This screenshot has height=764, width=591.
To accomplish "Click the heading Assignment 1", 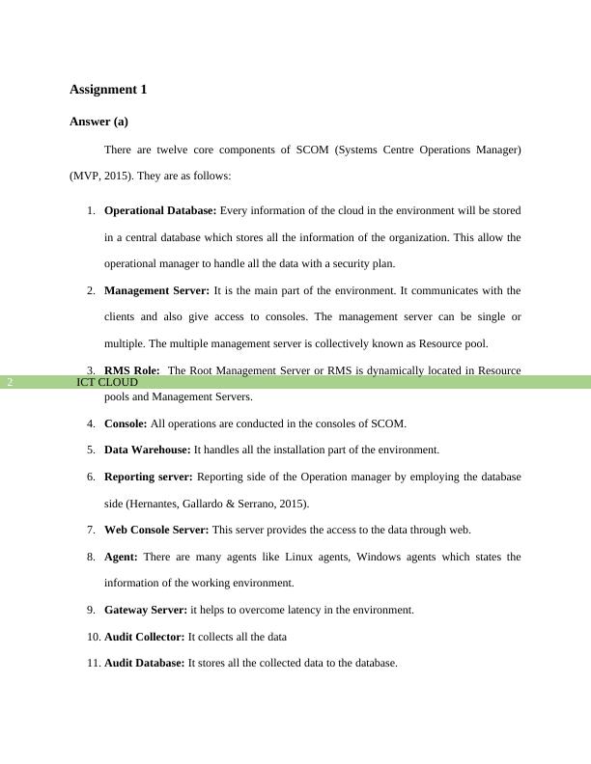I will point(108,90).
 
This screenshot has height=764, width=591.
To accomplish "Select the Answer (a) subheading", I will point(98,123).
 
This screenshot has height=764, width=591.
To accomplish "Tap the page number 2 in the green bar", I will point(10,382).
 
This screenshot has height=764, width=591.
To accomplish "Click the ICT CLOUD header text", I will point(107,382).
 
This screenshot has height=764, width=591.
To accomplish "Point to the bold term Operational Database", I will point(160,210).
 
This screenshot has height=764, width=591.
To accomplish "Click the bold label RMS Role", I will point(131,370).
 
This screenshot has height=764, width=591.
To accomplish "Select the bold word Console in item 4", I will point(126,423).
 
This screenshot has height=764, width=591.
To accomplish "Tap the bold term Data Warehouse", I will point(148,450).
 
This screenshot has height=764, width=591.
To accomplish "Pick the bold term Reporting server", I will point(149,477).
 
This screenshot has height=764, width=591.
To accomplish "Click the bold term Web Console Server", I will point(156,530).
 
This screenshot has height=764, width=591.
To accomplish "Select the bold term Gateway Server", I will point(146,610).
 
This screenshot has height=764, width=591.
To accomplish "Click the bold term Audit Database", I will point(144,663).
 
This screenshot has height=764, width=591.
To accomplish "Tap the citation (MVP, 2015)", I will point(101,177).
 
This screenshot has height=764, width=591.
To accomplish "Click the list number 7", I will point(90,530).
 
